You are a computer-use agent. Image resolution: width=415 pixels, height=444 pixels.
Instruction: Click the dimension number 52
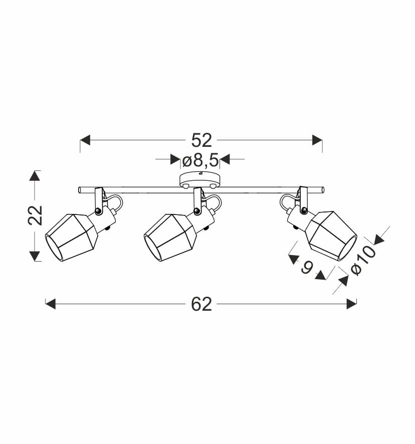(x=201, y=140)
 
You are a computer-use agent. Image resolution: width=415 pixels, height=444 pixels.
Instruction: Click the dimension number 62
(x=201, y=304)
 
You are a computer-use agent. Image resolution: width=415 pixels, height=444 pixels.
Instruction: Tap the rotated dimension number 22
(x=35, y=215)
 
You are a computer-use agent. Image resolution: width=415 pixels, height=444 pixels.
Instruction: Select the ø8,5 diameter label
(x=200, y=160)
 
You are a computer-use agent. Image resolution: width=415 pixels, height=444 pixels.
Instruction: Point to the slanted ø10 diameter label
(x=363, y=261)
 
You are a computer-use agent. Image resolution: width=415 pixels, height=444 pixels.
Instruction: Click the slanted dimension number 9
(x=307, y=268)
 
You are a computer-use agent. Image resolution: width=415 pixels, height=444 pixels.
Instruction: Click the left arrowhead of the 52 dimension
(x=85, y=140)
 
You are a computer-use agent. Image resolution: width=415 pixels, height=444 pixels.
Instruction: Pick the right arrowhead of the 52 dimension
(x=317, y=140)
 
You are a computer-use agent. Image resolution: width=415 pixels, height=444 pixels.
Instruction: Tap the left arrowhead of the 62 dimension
(x=51, y=304)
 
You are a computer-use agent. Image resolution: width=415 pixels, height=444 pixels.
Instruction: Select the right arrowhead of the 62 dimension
(x=351, y=304)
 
